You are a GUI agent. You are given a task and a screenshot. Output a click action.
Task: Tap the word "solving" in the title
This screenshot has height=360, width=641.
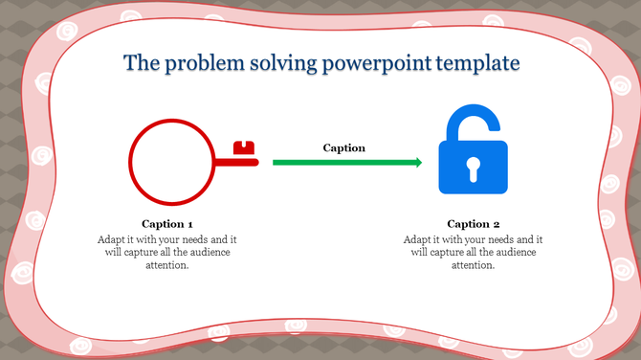(283, 64)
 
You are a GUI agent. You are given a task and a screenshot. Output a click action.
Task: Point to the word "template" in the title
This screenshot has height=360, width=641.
(477, 64)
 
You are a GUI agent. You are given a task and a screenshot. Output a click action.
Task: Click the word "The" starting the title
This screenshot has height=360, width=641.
(143, 64)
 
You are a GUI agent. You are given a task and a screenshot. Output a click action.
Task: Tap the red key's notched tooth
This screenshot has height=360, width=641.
(246, 148)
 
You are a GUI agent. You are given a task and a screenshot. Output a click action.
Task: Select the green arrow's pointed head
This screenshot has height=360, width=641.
(416, 163)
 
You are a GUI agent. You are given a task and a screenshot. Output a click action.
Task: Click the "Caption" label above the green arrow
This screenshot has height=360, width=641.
(343, 147)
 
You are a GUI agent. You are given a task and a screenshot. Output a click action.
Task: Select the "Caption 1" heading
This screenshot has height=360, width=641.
(167, 223)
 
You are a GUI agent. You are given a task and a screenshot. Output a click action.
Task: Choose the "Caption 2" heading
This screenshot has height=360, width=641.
(474, 223)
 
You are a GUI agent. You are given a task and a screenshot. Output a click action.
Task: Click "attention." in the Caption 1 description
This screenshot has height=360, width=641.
(167, 265)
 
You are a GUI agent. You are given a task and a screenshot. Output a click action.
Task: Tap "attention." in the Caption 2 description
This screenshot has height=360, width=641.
(474, 265)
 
